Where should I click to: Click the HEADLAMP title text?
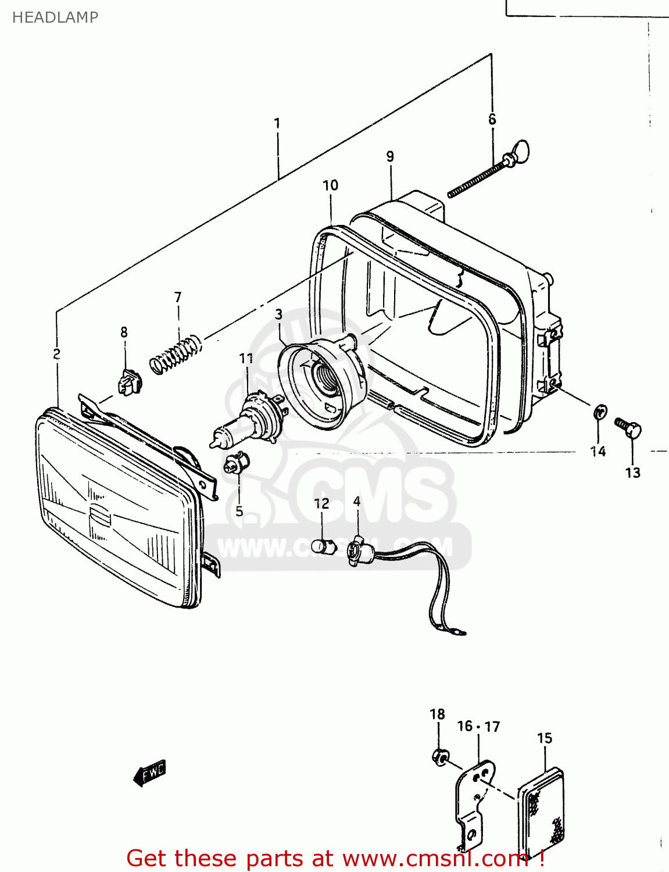tap(55, 17)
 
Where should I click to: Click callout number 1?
tap(277, 123)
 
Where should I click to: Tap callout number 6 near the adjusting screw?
tap(492, 119)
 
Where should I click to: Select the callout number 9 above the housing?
tap(390, 156)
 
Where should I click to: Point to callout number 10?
tap(330, 185)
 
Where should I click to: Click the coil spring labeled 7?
tap(176, 354)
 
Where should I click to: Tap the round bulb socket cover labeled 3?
tap(323, 378)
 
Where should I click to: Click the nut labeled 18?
tap(440, 757)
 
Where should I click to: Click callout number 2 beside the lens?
tap(56, 353)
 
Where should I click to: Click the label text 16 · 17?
tap(478, 727)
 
